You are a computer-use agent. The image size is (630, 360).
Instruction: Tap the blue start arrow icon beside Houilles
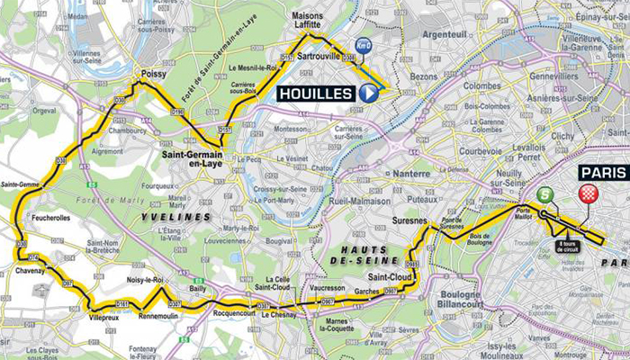[368, 93]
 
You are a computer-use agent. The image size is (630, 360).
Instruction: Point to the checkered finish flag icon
[589, 193]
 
